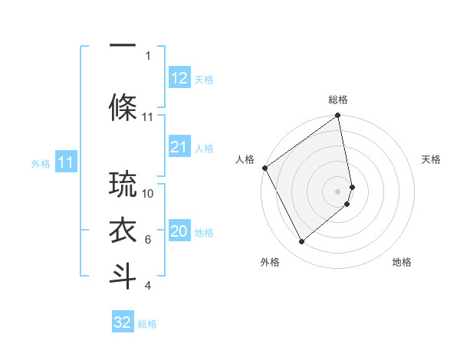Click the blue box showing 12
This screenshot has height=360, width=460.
(x=179, y=78)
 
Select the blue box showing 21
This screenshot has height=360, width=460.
(x=179, y=147)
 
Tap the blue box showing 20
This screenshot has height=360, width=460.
(x=179, y=232)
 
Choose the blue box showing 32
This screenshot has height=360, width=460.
(x=123, y=322)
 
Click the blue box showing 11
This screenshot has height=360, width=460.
(x=65, y=162)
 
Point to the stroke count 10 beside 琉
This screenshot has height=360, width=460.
(x=149, y=193)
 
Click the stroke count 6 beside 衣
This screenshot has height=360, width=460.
(x=148, y=240)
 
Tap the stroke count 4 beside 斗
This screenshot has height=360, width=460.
(x=148, y=286)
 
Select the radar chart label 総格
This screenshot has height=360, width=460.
(x=338, y=100)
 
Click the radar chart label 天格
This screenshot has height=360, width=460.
(x=432, y=159)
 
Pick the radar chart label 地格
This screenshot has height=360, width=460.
(x=402, y=262)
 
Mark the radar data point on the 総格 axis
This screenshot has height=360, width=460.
(x=338, y=116)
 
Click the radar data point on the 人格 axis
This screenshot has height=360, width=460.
(x=264, y=168)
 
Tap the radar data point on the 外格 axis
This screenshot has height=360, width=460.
(x=301, y=241)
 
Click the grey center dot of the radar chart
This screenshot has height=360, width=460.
(x=338, y=191)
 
